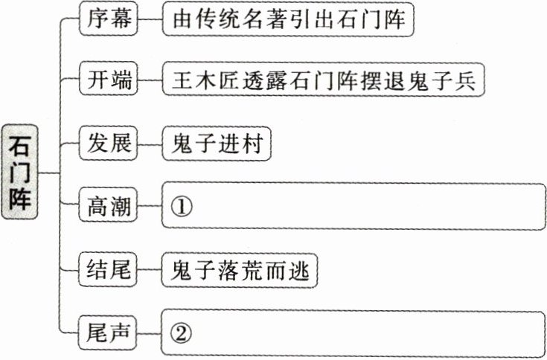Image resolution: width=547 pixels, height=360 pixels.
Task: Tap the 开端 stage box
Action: click(108, 80)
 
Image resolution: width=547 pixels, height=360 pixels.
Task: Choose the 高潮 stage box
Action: click(108, 208)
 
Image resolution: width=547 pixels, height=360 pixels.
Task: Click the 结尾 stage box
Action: click(108, 271)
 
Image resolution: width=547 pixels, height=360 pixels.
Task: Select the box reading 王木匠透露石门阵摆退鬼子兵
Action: click(324, 80)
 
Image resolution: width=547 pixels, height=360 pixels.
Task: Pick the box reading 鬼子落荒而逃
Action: click(240, 271)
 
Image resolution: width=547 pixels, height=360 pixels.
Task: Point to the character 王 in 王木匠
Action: click(182, 80)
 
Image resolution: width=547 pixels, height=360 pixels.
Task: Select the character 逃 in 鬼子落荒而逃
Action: click(300, 271)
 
